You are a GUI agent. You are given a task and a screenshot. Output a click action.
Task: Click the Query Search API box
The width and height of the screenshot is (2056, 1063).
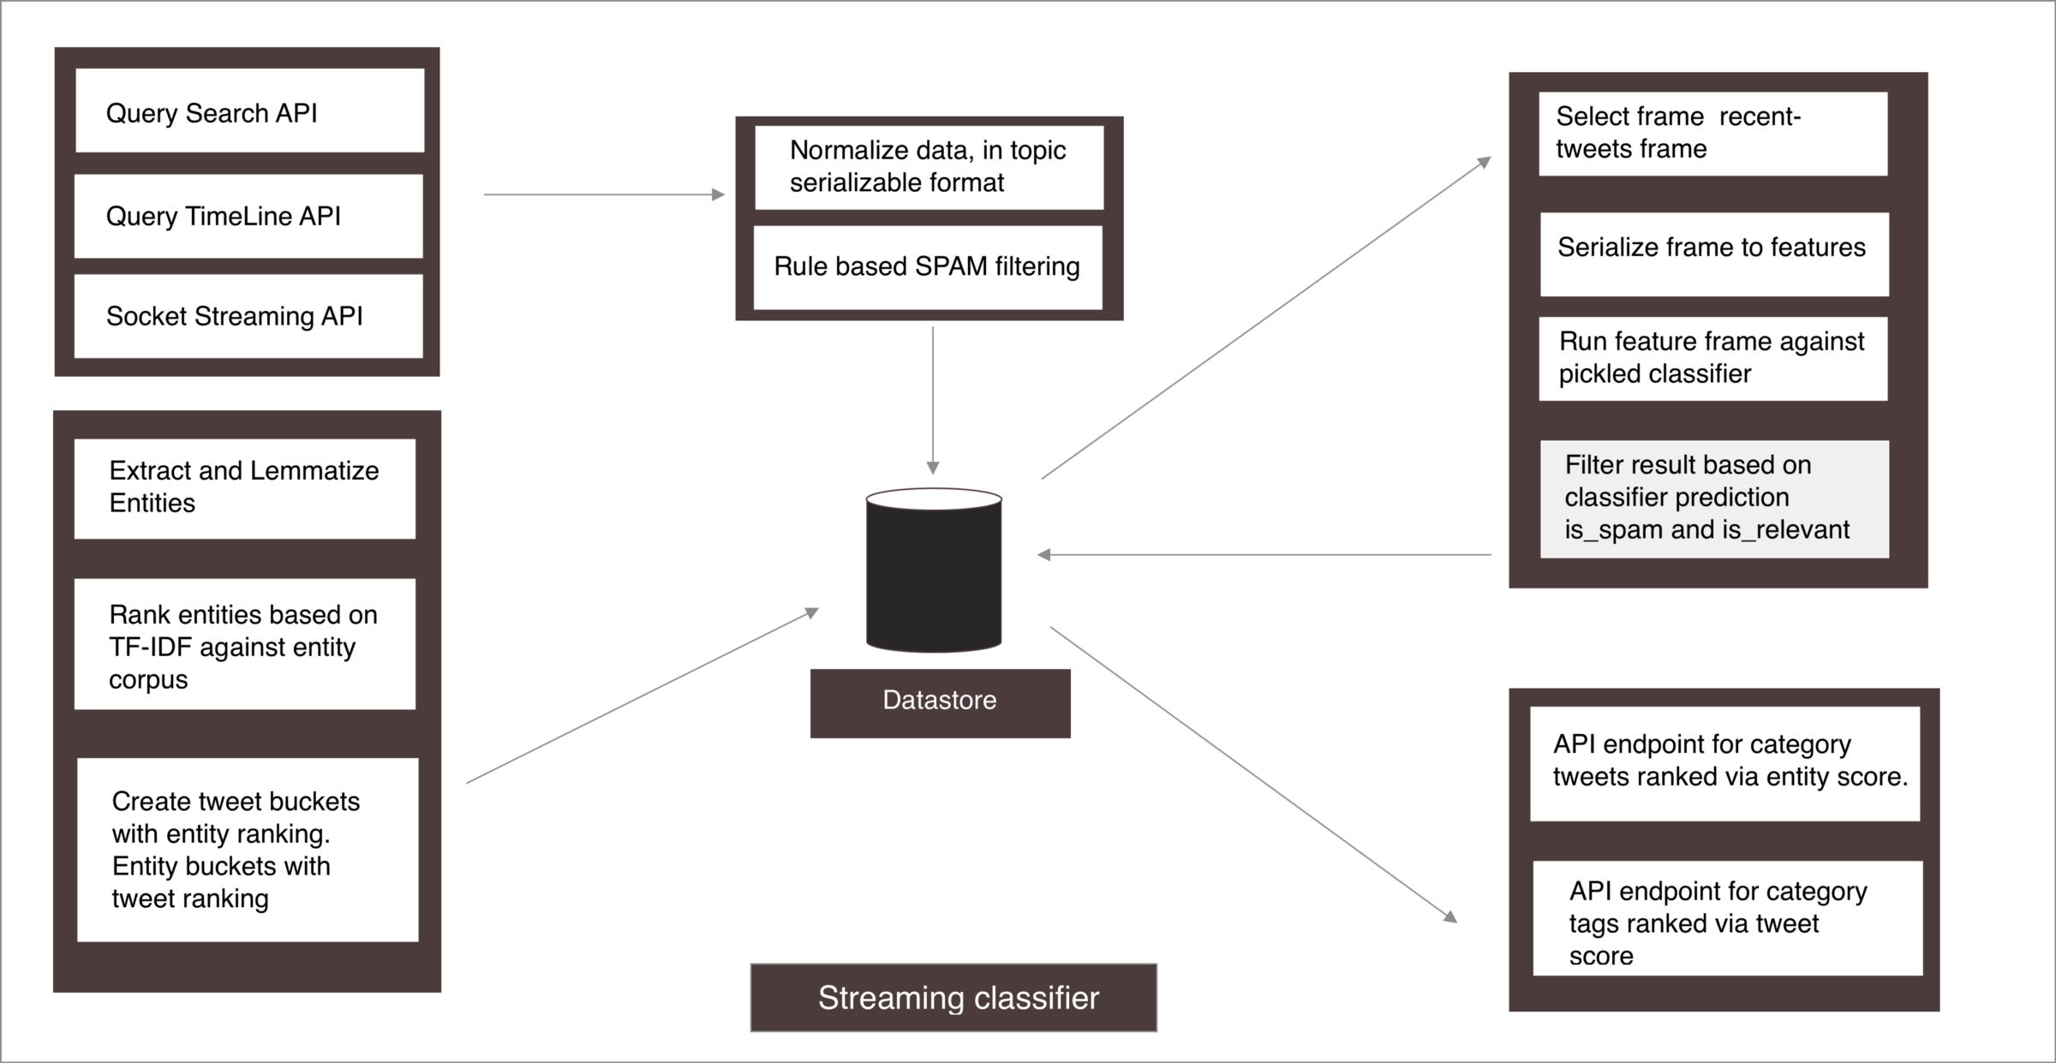[249, 111]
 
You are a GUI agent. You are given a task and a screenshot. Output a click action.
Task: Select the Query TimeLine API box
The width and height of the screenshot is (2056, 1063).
[248, 216]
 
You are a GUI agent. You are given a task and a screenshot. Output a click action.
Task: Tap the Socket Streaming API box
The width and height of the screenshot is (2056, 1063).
[248, 316]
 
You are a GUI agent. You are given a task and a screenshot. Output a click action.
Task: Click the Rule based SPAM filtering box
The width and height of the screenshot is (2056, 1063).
[928, 267]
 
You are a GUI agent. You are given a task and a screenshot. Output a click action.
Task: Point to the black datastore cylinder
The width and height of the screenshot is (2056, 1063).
[934, 570]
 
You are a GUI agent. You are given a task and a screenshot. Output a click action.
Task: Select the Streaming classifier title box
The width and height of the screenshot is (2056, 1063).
[953, 998]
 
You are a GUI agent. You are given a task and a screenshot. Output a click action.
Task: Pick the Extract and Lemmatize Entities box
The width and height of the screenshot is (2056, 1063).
[245, 488]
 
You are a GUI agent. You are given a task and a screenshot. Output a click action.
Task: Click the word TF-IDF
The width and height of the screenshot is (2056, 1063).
[150, 648]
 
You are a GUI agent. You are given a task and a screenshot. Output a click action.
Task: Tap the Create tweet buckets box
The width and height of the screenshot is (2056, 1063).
[248, 850]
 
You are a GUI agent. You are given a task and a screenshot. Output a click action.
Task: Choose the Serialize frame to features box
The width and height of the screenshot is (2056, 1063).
[1714, 254]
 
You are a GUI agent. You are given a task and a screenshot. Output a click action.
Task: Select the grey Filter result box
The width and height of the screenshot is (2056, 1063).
[1714, 499]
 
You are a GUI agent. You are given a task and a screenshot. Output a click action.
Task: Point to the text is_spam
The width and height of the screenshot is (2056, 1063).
[1613, 530]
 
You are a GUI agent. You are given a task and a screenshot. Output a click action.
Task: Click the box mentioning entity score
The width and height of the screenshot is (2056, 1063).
[1724, 763]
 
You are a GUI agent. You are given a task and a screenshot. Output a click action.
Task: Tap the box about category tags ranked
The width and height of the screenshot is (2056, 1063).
[1727, 918]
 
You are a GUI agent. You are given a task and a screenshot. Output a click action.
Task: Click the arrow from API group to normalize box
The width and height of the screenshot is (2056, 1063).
[604, 195]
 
